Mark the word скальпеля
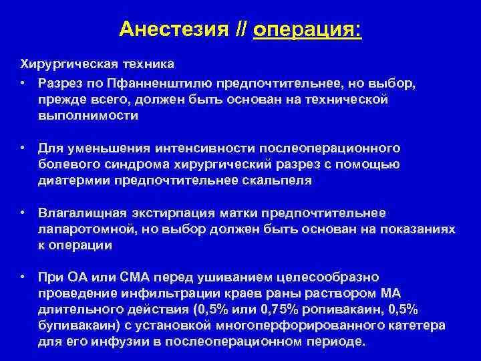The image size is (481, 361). click(x=279, y=180)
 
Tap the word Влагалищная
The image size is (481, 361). click(x=82, y=213)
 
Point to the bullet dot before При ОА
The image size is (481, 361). click(x=23, y=277)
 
